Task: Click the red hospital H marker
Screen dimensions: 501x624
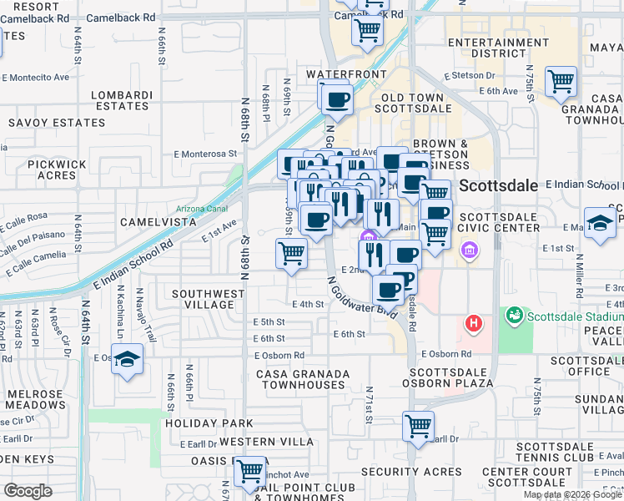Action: pyautogui.click(x=474, y=322)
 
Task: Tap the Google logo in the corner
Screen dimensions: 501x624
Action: pyautogui.click(x=28, y=491)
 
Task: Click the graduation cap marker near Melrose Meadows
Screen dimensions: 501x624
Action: pyautogui.click(x=127, y=360)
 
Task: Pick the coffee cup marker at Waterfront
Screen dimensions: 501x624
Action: pyautogui.click(x=337, y=99)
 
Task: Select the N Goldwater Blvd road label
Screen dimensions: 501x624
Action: pyautogui.click(x=361, y=296)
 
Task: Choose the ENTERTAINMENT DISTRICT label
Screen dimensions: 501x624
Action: pyautogui.click(x=498, y=48)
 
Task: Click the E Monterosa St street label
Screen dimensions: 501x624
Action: pyautogui.click(x=205, y=154)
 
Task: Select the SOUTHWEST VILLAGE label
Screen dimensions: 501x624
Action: pyautogui.click(x=208, y=299)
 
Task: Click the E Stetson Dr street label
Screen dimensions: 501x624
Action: pyautogui.click(x=470, y=75)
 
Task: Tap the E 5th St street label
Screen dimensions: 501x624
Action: pyautogui.click(x=269, y=321)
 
